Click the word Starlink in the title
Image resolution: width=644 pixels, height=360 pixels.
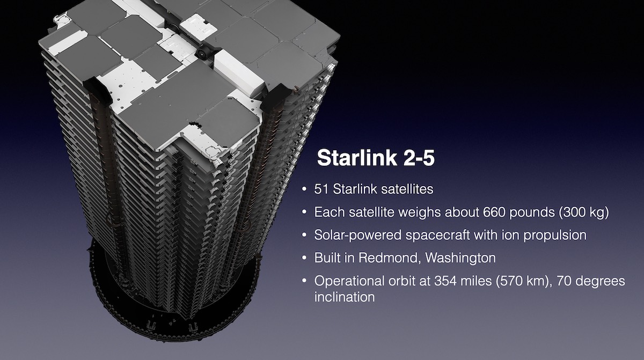[x=357, y=157]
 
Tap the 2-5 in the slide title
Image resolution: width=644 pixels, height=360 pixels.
[x=419, y=157]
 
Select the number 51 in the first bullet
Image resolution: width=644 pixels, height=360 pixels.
[x=321, y=189]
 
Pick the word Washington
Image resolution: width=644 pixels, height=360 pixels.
[x=460, y=258]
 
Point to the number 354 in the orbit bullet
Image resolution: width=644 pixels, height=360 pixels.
[x=445, y=281]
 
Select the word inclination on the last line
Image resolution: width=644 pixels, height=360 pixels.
[x=345, y=297]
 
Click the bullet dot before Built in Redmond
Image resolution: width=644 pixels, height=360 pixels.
[x=304, y=258]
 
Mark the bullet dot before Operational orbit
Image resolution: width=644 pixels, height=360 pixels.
[x=304, y=281]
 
